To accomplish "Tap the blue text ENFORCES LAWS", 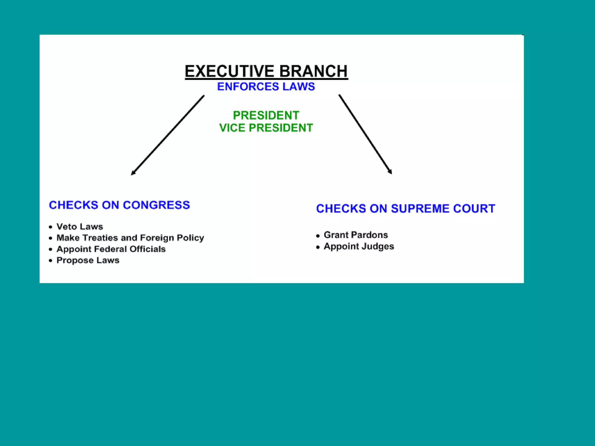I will pyautogui.click(x=266, y=87).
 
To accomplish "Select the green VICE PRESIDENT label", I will pyautogui.click(x=266, y=128).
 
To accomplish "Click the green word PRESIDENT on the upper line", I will pyautogui.click(x=266, y=115).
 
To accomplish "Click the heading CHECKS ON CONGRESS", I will pyautogui.click(x=119, y=205).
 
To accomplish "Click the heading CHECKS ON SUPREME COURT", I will pyautogui.click(x=405, y=208).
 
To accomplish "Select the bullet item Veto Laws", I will pyautogui.click(x=80, y=226).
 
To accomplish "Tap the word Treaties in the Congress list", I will pyautogui.click(x=100, y=238).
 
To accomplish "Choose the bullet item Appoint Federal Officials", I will pyautogui.click(x=111, y=249).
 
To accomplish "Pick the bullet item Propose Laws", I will pyautogui.click(x=88, y=260).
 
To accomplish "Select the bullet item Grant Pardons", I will pyautogui.click(x=356, y=235).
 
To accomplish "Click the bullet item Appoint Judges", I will pyautogui.click(x=359, y=246).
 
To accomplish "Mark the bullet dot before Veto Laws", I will pyautogui.click(x=51, y=227).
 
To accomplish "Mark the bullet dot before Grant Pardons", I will pyautogui.click(x=318, y=236).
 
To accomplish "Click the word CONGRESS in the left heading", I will pyautogui.click(x=156, y=205).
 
